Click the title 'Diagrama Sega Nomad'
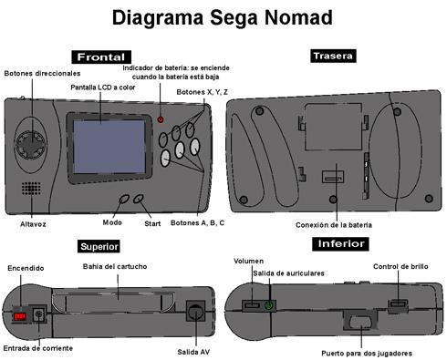tap(223, 18)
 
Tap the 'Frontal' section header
tap(107, 57)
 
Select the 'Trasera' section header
tap(332, 57)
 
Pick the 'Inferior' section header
tap(339, 244)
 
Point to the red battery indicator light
tap(161, 120)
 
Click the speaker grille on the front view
tap(33, 188)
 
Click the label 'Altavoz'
tap(33, 223)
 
